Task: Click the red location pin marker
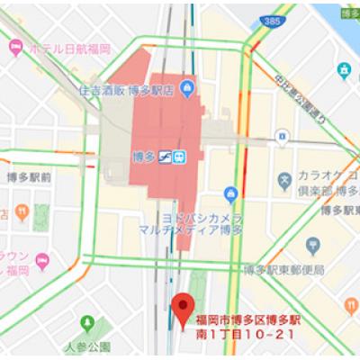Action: click(184, 308)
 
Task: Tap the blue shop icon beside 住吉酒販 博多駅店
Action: click(187, 87)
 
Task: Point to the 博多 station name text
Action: click(142, 155)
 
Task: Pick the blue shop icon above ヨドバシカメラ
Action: click(230, 191)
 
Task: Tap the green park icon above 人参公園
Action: click(87, 323)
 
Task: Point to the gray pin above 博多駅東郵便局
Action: click(314, 246)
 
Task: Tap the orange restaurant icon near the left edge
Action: click(40, 211)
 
